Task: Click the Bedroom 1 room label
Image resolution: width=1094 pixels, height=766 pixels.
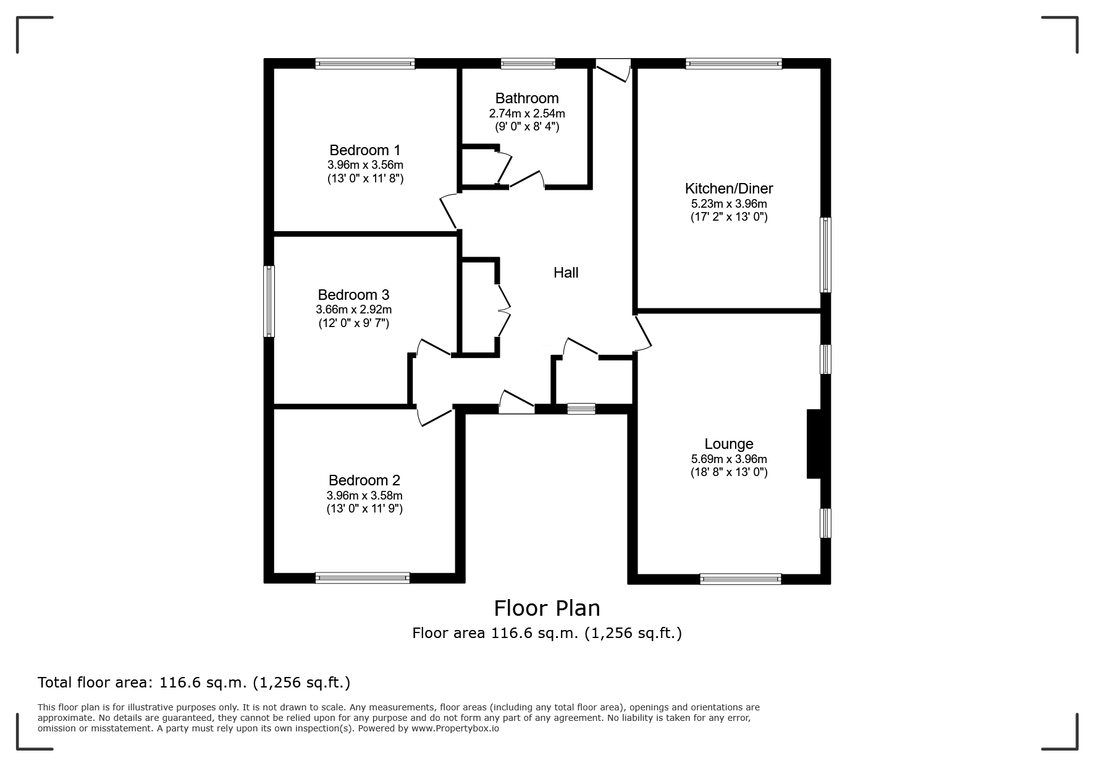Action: click(365, 150)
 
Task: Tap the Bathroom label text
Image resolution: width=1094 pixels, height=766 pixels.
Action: click(527, 98)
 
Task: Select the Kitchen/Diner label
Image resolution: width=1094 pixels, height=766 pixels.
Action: click(729, 189)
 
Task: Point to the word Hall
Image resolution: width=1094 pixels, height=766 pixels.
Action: click(566, 273)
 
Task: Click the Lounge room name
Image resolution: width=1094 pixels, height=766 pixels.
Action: click(729, 444)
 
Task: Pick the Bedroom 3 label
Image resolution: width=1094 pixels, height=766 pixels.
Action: click(354, 295)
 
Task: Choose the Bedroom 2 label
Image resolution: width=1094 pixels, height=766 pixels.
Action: click(364, 480)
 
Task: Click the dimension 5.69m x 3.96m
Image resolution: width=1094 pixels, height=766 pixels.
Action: click(729, 459)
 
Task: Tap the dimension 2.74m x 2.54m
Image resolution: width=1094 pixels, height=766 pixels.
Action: click(527, 114)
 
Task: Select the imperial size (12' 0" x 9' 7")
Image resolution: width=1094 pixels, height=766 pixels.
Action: click(354, 323)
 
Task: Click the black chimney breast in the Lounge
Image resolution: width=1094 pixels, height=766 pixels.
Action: click(814, 444)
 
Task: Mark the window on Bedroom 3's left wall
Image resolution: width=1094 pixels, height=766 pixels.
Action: click(269, 302)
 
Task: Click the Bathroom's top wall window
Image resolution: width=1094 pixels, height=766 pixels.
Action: click(528, 63)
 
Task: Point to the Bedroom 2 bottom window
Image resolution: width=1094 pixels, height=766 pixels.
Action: click(363, 578)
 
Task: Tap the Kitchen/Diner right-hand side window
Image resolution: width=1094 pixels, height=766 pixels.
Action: click(825, 254)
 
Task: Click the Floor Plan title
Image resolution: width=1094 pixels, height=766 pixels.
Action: click(547, 608)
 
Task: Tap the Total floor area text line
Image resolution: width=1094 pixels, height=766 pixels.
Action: click(194, 683)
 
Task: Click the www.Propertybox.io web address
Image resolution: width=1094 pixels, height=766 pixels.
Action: click(455, 728)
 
